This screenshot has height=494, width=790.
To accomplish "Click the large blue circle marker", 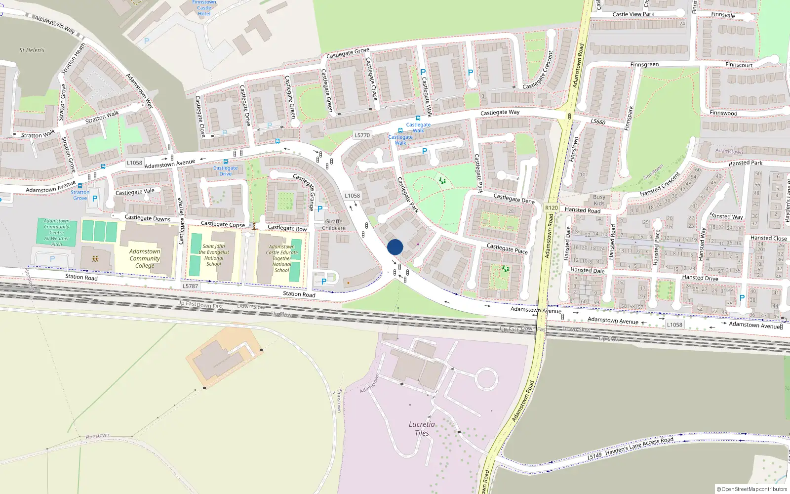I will click(x=395, y=247).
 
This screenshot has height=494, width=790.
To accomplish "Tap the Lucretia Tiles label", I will click(x=422, y=429).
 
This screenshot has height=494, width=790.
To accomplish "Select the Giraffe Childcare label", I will click(x=334, y=225).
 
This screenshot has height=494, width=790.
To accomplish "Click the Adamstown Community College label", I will click(x=145, y=258).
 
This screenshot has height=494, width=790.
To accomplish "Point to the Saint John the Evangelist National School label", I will click(x=214, y=255).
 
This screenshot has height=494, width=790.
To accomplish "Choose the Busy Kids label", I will click(x=599, y=200).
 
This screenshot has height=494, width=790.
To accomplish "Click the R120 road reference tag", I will click(x=552, y=208).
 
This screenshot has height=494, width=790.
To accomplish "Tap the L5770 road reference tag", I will click(x=362, y=135).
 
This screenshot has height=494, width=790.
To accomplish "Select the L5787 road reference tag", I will click(x=190, y=286).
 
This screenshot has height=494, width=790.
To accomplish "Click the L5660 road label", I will click(x=597, y=122).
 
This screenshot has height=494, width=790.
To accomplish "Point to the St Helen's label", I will click(x=32, y=50).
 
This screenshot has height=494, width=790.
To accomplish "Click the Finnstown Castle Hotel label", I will click(x=204, y=8).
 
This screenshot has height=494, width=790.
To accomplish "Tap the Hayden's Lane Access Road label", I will click(x=639, y=448).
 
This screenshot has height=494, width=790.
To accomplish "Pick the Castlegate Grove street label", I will click(x=348, y=53).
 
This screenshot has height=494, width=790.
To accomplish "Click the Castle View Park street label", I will click(x=633, y=14).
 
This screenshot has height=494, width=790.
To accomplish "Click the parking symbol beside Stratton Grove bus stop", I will click(x=95, y=199).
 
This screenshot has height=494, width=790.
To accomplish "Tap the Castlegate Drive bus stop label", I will click(x=226, y=171).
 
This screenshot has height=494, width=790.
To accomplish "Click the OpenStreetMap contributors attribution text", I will click(x=752, y=490).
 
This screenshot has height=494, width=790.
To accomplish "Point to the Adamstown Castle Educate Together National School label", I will click(x=282, y=258).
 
